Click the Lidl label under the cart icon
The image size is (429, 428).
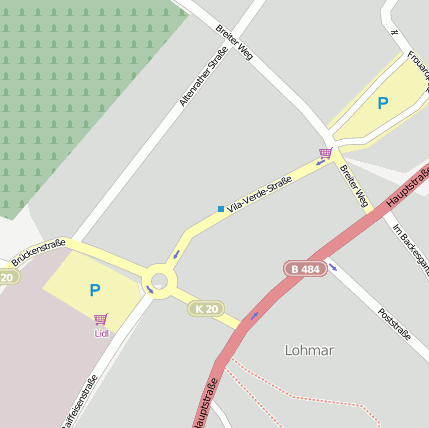tap(101, 333)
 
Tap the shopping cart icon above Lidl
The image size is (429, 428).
tap(101, 320)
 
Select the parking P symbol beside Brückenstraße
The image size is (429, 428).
tap(95, 291)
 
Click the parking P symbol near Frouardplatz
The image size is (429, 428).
tap(383, 102)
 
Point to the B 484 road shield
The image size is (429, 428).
tap(306, 269)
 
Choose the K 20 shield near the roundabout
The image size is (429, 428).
tap(206, 309)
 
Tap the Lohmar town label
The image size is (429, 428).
tap(309, 351)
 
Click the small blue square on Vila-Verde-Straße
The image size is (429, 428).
tap(221, 209)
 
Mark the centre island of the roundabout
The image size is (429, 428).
tap(159, 280)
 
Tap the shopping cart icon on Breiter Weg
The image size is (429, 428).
tap(325, 153)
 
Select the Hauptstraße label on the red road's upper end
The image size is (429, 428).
tap(405, 187)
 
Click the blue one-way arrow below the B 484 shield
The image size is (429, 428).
tap(332, 268)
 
